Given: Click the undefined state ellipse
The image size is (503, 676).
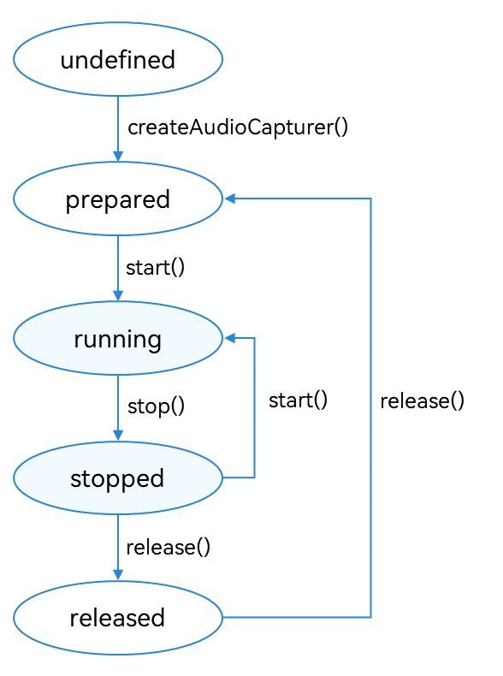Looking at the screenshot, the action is coord(118,59).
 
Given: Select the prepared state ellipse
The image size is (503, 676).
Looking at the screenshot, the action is coord(118,199).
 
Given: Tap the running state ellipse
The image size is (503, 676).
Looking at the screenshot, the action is coord(118,338).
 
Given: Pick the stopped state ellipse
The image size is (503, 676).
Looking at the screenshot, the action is coord(118,477).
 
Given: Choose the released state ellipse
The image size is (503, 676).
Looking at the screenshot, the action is coord(118,617).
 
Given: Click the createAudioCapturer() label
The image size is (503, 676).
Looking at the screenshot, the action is coord(238,127).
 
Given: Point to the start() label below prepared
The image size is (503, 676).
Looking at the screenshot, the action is coord(155,267).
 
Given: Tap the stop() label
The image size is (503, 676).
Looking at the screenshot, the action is coord(156,406).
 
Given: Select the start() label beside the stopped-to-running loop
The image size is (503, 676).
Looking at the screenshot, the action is coord(298,400).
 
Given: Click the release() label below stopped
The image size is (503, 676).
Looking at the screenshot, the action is coord(169,547).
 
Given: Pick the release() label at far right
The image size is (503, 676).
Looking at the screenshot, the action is coord(422,401).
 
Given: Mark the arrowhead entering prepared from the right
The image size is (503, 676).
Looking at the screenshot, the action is coord(229,199).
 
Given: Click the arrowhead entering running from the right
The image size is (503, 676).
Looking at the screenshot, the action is coord(229,338).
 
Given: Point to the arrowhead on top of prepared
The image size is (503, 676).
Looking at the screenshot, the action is coord(118,156).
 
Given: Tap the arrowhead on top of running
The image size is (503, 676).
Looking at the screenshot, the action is coord(118,295).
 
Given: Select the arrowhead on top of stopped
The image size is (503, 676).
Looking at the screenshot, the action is coord(118,435).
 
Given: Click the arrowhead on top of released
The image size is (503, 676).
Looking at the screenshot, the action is coord(118,575).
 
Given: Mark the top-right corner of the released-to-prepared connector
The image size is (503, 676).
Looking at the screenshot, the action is coord(370,199).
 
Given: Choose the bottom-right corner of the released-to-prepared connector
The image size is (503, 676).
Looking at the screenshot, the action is coord(370,617).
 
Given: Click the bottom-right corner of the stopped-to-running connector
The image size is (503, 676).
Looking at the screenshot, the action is coord(254,477).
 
